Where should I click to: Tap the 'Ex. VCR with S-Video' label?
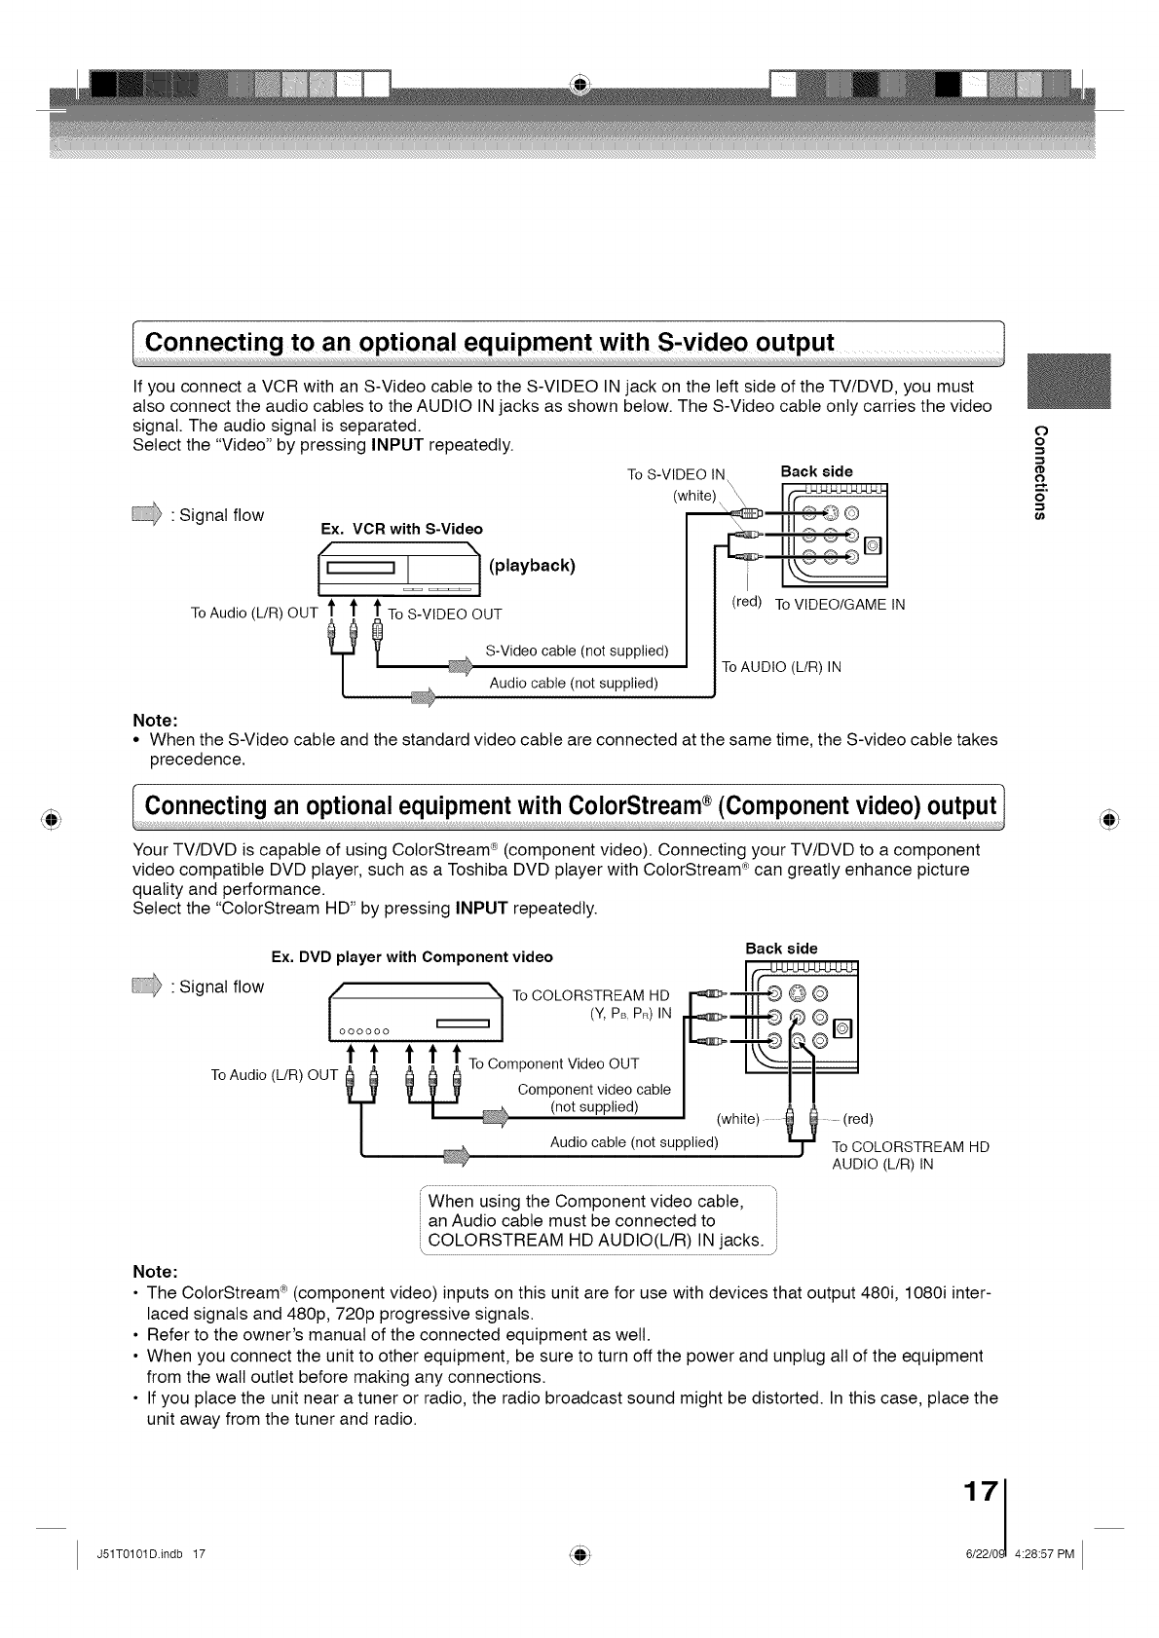coord(401,529)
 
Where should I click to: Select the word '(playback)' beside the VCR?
coord(533,565)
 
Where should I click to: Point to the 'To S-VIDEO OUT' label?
coord(445,614)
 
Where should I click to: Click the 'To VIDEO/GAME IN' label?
coord(840,605)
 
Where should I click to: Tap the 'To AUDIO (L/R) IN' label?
coord(781,667)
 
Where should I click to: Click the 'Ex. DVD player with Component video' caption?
coord(412,956)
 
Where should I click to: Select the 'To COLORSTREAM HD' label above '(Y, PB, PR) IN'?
coord(591,995)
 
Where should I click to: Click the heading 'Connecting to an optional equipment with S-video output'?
coord(490,343)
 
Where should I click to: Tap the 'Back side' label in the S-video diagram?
coord(816,471)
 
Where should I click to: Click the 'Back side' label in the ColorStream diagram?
coord(781,948)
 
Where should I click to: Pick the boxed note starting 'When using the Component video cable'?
coord(596,1219)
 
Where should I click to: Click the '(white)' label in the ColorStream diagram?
coord(737,1118)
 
